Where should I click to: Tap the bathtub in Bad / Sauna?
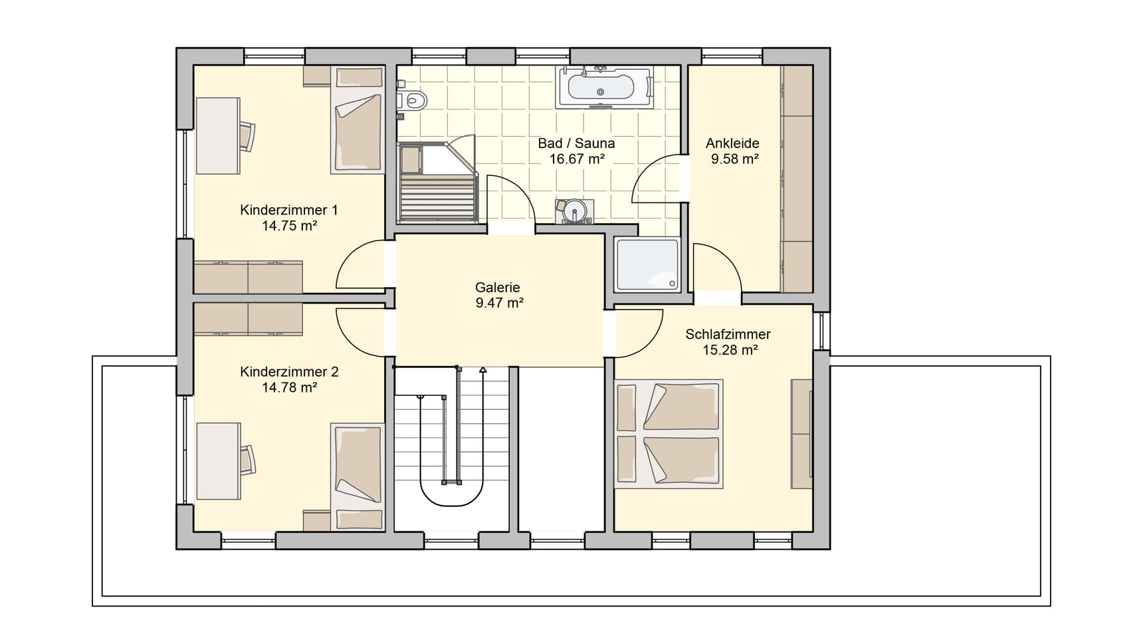(605, 87)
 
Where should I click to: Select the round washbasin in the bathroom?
(573, 211)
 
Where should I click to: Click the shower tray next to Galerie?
(647, 264)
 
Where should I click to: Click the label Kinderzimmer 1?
(289, 210)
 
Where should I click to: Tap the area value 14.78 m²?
(289, 387)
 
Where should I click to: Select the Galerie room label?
(498, 288)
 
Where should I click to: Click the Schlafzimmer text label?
(728, 334)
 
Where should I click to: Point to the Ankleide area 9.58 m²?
(735, 159)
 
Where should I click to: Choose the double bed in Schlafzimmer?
(669, 434)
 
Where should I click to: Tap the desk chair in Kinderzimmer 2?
(247, 460)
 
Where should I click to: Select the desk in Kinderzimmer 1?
(218, 136)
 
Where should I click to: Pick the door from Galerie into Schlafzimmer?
(639, 333)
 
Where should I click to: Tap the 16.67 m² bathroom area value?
(576, 159)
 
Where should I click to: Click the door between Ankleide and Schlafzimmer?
(717, 267)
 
